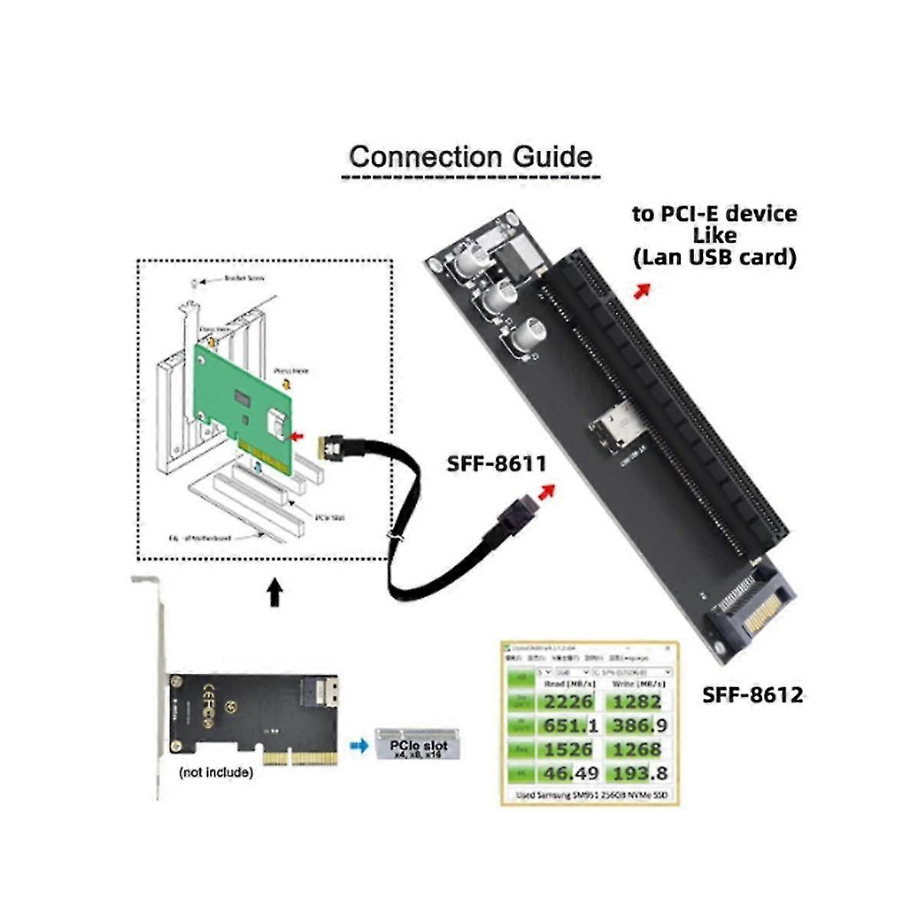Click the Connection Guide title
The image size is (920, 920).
point(470,157)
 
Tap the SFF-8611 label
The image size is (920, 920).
point(496,464)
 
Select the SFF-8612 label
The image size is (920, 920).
point(752,695)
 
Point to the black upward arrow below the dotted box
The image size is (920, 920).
point(274,593)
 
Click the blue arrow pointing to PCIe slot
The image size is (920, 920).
point(358,744)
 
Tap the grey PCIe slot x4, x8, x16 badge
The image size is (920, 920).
point(417,744)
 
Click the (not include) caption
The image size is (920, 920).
point(215,772)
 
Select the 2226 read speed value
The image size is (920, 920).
point(568,701)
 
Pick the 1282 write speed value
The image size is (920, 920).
point(636,701)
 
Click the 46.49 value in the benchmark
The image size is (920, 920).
point(568,773)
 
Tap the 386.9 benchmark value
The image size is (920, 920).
point(636,724)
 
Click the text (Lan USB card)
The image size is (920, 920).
point(714,257)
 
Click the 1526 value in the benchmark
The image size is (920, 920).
point(568,749)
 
